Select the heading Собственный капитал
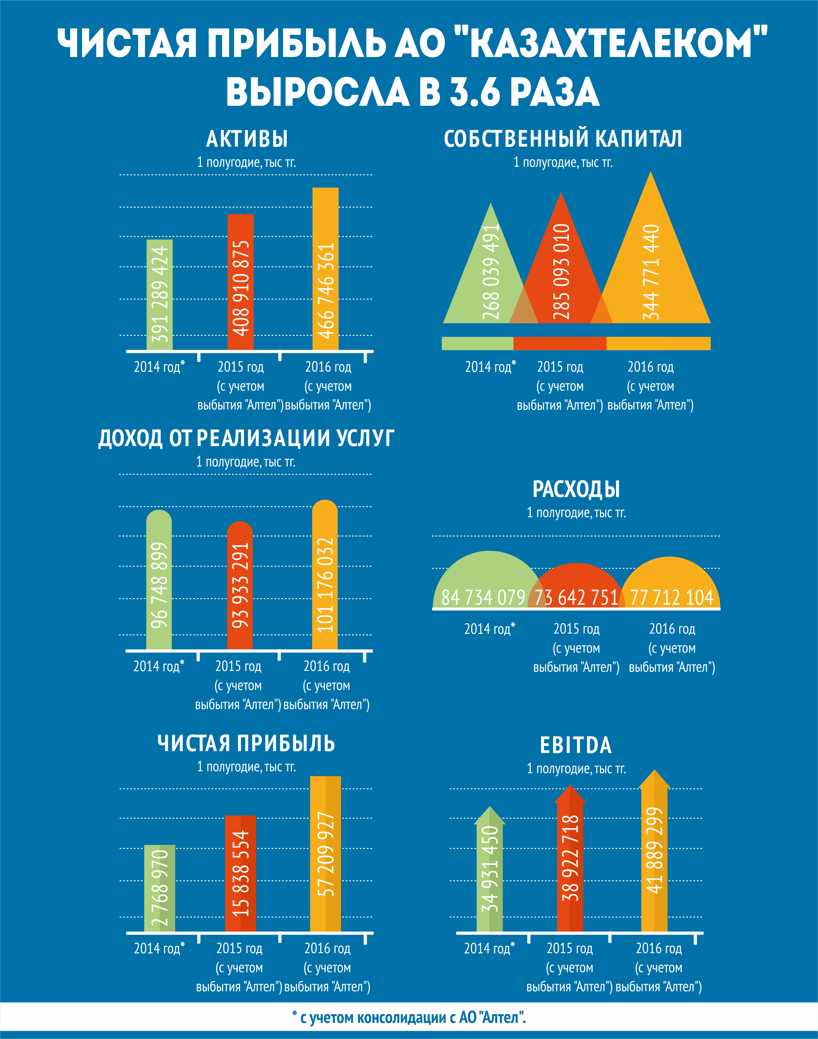tap(563, 139)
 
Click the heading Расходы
tap(576, 489)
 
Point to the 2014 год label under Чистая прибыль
tap(159, 948)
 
